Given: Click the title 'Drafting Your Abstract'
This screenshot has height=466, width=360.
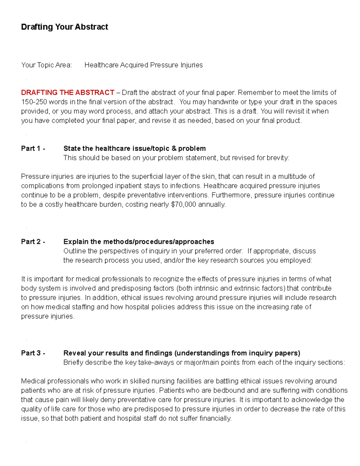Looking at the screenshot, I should pyautogui.click(x=64, y=27).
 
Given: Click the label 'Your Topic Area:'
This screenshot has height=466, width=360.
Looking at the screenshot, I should pyautogui.click(x=46, y=65).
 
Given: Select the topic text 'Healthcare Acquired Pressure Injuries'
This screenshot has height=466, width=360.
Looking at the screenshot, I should pyautogui.click(x=143, y=65).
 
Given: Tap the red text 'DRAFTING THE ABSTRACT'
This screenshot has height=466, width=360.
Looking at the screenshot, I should pyautogui.click(x=67, y=92).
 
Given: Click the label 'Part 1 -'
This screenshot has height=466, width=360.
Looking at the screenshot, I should pyautogui.click(x=33, y=149).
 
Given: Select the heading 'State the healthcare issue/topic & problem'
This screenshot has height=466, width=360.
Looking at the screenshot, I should pyautogui.click(x=134, y=149).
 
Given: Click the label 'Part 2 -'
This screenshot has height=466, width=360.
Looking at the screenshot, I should pyautogui.click(x=33, y=242).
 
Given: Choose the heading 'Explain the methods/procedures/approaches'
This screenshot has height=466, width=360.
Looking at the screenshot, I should pyautogui.click(x=139, y=242).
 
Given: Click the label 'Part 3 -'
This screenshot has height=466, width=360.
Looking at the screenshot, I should pyautogui.click(x=33, y=353).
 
